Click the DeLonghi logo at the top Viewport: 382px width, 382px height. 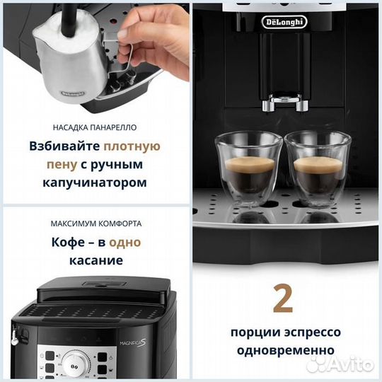tap(286, 21)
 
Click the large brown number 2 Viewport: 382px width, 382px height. tap(284, 299)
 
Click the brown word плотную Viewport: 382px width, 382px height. tap(132, 147)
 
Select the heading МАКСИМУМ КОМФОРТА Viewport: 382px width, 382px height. tap(95, 223)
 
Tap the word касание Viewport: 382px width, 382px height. tap(95, 260)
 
